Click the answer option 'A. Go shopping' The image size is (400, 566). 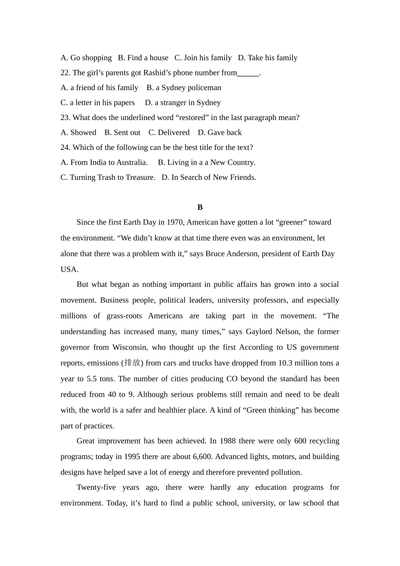click(x=86, y=58)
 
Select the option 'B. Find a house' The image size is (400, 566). click(x=143, y=58)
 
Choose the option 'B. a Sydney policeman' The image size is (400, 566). click(x=184, y=88)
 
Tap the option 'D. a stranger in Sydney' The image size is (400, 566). click(x=183, y=103)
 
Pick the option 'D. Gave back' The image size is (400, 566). click(x=219, y=133)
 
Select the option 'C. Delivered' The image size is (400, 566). click(x=169, y=133)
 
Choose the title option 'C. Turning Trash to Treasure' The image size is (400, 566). click(x=108, y=177)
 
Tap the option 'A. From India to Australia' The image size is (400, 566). click(x=104, y=163)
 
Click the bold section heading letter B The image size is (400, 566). click(x=200, y=207)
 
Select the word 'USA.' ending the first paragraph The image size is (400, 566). click(x=69, y=270)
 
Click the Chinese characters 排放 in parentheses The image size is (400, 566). click(x=132, y=363)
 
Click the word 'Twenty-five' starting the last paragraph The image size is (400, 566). click(x=96, y=487)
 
